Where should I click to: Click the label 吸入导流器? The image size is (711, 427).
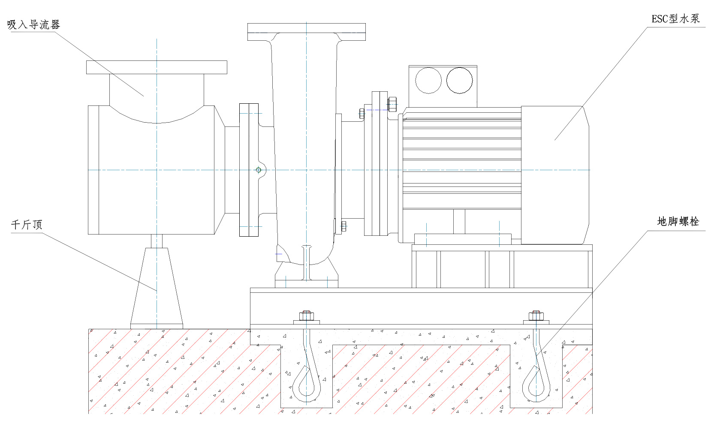click(33, 25)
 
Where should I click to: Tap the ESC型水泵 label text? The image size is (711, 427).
click(675, 19)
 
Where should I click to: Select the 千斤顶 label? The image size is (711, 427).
click(27, 225)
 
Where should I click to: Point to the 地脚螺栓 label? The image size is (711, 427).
click(678, 222)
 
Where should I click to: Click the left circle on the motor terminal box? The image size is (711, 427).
click(428, 81)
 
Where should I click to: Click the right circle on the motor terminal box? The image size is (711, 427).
click(459, 81)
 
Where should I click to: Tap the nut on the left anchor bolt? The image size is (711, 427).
click(306, 316)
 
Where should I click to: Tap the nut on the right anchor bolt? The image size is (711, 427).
click(536, 316)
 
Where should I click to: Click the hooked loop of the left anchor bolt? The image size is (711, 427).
click(307, 386)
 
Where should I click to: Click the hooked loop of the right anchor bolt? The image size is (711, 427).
click(536, 386)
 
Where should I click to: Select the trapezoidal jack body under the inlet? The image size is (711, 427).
click(157, 287)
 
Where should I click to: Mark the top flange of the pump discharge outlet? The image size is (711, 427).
click(306, 32)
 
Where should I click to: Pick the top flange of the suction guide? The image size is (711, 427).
click(157, 67)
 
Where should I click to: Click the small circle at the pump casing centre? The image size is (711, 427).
click(259, 170)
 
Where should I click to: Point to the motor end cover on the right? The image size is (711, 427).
click(554, 175)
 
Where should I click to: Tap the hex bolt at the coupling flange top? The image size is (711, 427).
click(392, 104)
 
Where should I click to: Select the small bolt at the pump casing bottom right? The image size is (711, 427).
click(343, 226)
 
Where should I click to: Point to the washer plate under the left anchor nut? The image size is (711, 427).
click(306, 322)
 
